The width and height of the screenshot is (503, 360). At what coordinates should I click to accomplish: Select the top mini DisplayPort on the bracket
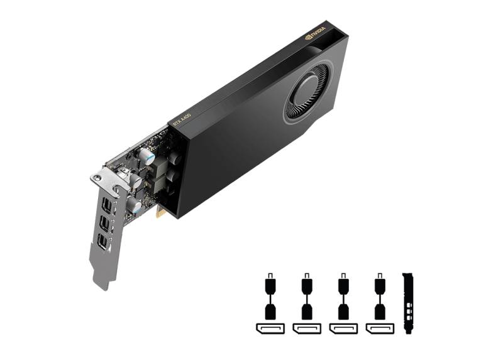click(109, 195)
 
